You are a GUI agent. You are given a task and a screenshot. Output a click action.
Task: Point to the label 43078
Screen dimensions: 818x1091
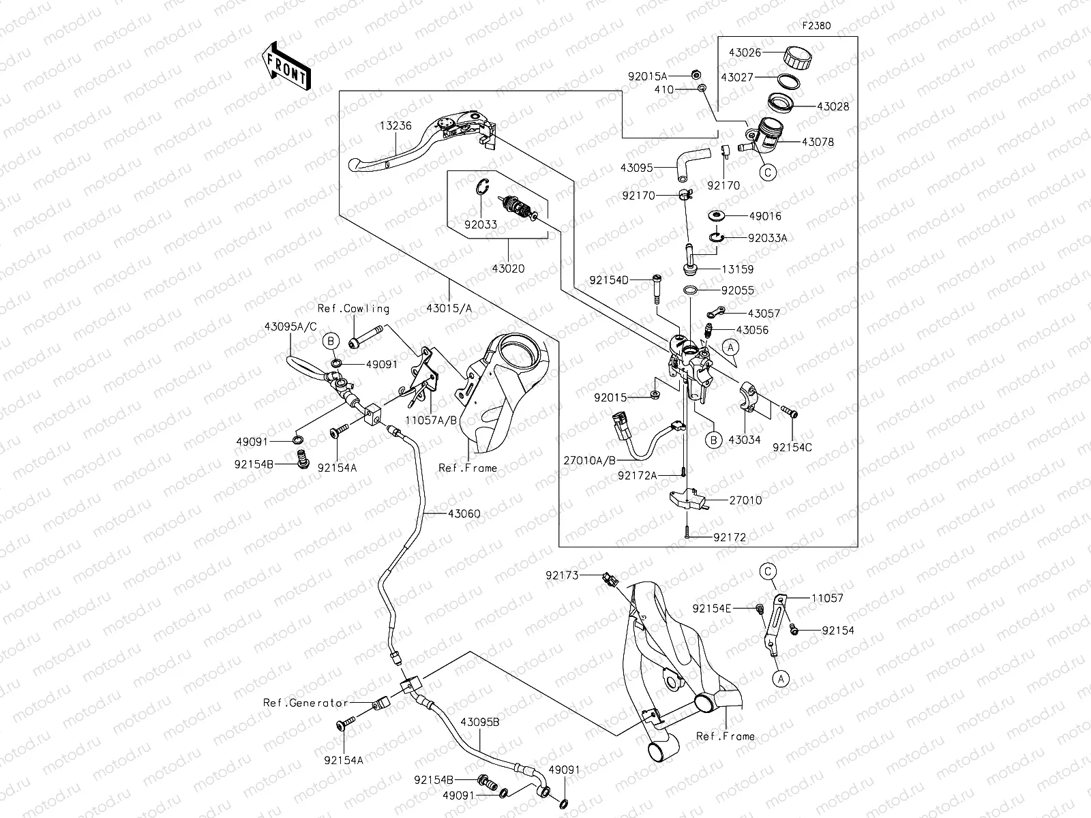point(818,142)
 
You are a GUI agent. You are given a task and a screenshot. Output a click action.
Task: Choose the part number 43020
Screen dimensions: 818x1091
point(508,269)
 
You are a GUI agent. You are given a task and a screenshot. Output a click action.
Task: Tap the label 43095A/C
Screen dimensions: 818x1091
point(290,327)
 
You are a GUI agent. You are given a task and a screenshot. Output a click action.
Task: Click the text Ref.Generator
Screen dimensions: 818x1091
point(306,703)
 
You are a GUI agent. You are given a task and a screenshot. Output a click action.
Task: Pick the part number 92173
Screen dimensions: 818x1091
point(562,575)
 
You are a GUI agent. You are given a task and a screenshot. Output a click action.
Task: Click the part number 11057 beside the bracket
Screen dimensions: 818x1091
point(826,598)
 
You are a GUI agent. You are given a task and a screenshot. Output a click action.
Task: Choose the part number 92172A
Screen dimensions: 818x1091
point(638,475)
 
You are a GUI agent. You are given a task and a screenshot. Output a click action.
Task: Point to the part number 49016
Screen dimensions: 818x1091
point(765,216)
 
